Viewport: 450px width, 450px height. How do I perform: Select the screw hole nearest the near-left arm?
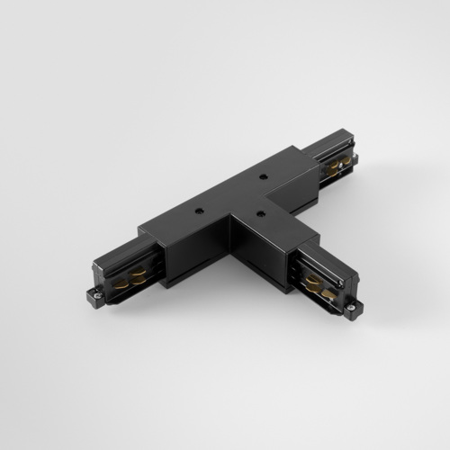(197, 209)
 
